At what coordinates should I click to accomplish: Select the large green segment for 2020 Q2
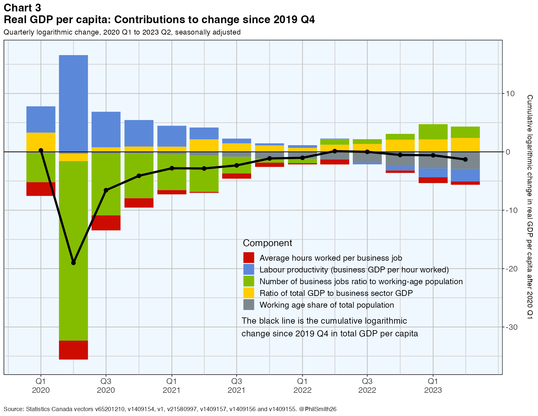(x=73, y=251)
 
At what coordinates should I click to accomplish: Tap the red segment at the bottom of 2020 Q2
(x=73, y=350)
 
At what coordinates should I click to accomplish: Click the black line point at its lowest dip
(x=73, y=263)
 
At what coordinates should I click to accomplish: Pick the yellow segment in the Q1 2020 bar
(x=41, y=142)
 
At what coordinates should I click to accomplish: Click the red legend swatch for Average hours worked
(x=248, y=258)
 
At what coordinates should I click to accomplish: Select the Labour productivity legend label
(x=354, y=270)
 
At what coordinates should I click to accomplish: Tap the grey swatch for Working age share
(x=248, y=305)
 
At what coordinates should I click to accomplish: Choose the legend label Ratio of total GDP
(x=336, y=293)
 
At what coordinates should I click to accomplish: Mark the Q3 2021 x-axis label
(x=236, y=386)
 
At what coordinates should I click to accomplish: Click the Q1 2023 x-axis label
(x=433, y=386)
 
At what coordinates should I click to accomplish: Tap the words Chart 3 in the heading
(x=22, y=8)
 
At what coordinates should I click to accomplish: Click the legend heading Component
(x=267, y=243)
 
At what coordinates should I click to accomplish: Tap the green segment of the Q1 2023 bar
(x=433, y=132)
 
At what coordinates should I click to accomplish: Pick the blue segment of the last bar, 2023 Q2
(x=465, y=175)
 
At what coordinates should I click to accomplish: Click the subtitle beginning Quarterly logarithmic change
(x=122, y=32)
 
